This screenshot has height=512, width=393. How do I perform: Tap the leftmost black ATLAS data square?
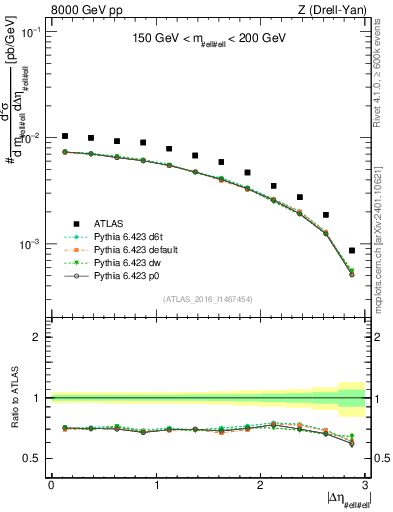pyautogui.click(x=65, y=136)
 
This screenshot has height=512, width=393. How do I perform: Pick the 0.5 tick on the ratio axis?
pyautogui.click(x=36, y=458)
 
